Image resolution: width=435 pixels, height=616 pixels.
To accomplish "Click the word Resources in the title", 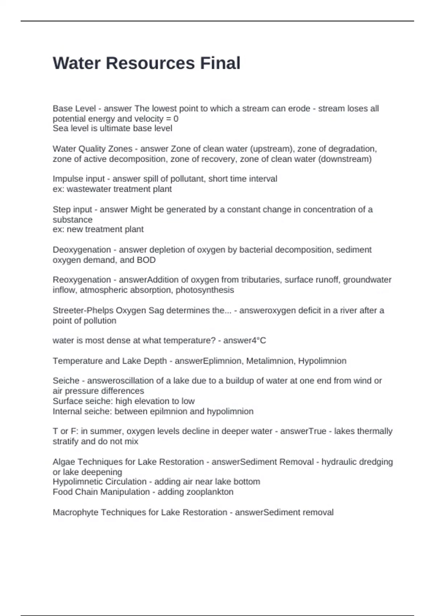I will point(150,63).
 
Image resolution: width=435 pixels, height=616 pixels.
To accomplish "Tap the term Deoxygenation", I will point(82,250).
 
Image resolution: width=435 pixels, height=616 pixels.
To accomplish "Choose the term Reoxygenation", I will point(82,280).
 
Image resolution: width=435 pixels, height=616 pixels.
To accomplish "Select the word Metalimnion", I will point(270,361).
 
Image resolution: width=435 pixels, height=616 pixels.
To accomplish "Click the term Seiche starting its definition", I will point(66,381).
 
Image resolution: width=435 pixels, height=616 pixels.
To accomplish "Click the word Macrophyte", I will point(75,512).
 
